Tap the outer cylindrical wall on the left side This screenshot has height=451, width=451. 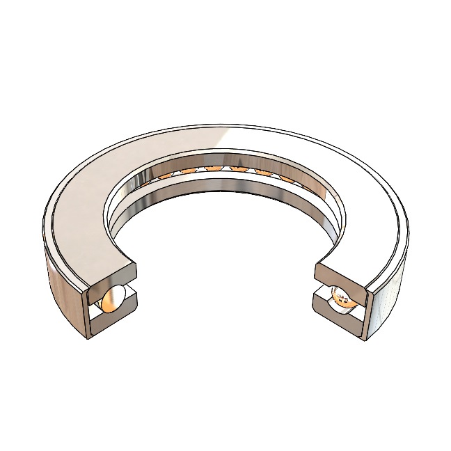(x=63, y=292)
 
